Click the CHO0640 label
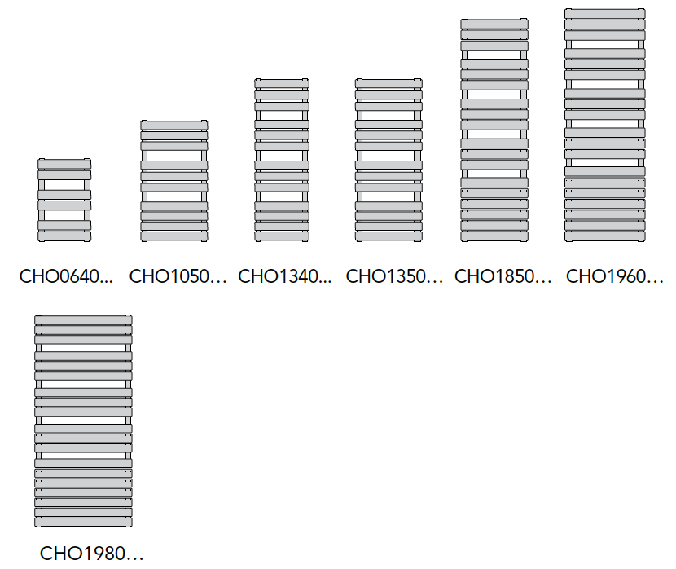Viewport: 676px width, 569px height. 66,276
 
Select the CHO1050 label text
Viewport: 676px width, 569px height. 178,276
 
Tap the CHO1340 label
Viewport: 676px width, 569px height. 285,276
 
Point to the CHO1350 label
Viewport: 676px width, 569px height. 394,276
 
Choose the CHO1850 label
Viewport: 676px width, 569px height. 503,276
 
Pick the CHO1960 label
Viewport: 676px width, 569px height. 615,276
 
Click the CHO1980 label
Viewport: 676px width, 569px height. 91,554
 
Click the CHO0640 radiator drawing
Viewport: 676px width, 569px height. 64,201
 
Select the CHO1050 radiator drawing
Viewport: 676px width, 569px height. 174,181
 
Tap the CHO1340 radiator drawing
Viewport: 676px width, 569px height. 282,160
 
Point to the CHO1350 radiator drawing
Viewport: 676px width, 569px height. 388,160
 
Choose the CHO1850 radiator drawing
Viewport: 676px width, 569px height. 494,130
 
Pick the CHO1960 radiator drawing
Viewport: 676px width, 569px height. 605,125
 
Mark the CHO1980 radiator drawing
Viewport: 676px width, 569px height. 83,421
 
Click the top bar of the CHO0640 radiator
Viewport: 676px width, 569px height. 64,164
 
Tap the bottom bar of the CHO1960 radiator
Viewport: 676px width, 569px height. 605,237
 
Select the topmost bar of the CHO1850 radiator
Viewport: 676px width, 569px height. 494,24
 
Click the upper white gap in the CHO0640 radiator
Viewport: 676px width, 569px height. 64,185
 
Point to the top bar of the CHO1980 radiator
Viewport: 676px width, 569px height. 83,320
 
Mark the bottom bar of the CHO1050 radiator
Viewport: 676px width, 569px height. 174,237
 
